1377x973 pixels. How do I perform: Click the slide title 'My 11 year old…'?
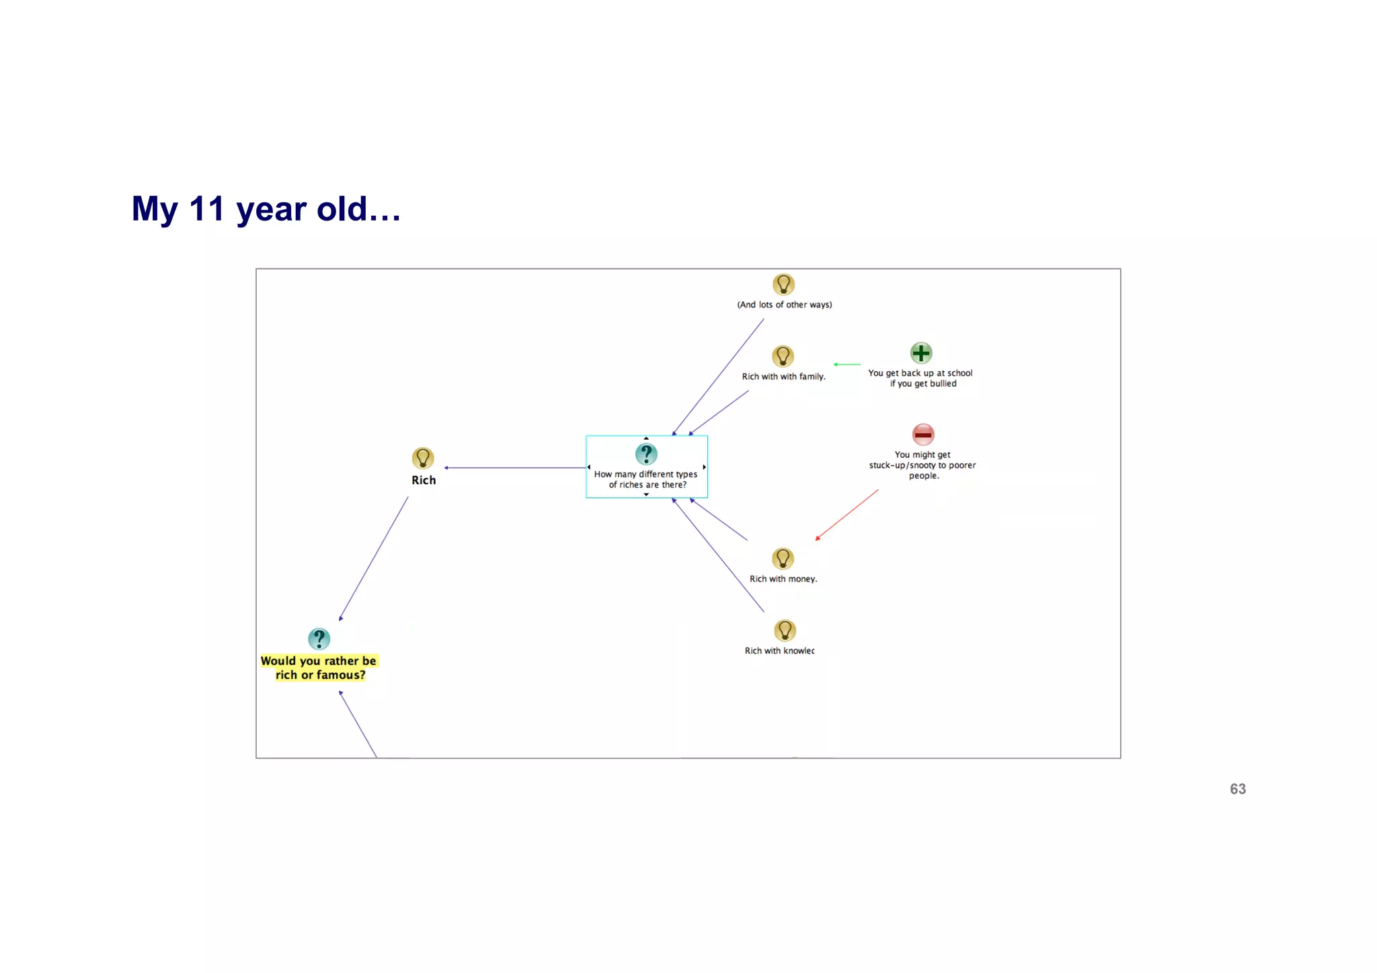[266, 209]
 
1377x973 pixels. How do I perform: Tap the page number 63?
[1237, 789]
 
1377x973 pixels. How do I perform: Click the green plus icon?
[920, 353]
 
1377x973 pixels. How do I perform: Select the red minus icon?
[923, 434]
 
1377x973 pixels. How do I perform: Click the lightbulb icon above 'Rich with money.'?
[783, 559]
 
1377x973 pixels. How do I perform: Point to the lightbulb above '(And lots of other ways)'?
[783, 284]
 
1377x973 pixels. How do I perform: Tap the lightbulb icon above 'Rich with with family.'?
[783, 356]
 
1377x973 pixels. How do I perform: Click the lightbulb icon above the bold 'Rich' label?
[423, 459]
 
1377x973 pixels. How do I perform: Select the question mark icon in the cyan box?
[646, 454]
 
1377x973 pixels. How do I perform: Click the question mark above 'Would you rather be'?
[319, 639]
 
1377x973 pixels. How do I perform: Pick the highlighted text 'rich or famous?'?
[321, 675]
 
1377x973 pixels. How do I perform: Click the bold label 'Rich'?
[424, 480]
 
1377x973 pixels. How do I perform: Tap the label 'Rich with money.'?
[783, 579]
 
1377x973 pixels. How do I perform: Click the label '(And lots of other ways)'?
[785, 305]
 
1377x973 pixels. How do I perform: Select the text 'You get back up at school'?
[920, 373]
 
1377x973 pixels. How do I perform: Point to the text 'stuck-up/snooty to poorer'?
[922, 465]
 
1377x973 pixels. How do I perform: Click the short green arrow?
[847, 364]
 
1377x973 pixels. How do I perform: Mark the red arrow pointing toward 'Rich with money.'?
[847, 514]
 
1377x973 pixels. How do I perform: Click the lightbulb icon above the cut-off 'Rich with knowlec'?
[785, 631]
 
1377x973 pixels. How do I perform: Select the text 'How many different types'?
[645, 474]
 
